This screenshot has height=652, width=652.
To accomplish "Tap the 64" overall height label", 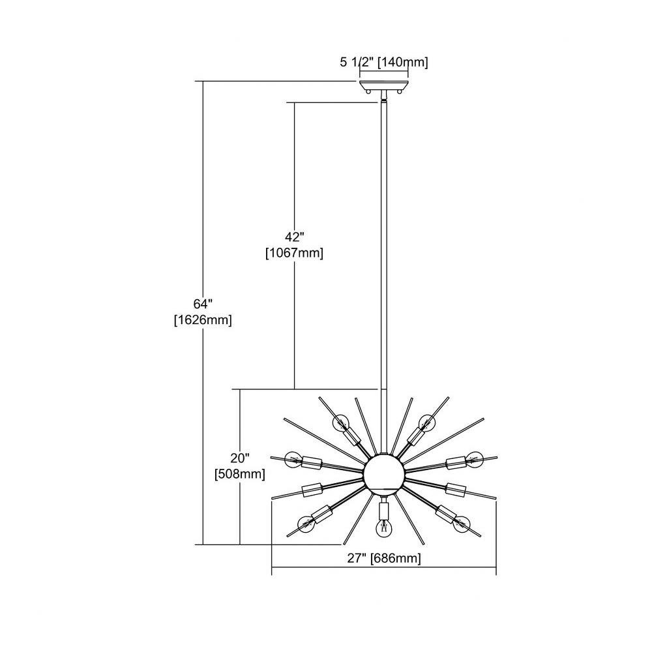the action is [x=203, y=304].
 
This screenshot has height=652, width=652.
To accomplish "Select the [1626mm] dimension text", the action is [x=203, y=319].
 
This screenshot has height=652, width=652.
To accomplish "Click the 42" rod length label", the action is [x=295, y=237].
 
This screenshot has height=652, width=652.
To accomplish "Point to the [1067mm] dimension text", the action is [x=295, y=253].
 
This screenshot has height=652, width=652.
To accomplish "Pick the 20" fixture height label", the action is [x=240, y=458].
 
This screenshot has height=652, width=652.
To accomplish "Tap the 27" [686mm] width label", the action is [x=384, y=558].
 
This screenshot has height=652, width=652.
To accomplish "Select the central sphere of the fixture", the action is [x=383, y=473].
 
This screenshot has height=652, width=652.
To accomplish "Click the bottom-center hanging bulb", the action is [x=383, y=528].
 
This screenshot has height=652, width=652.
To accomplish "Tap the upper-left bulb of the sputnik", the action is [x=341, y=423].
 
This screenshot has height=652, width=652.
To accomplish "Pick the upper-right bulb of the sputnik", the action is [x=426, y=423].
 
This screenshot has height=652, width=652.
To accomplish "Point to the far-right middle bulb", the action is [x=475, y=458].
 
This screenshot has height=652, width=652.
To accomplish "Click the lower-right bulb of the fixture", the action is [x=462, y=524].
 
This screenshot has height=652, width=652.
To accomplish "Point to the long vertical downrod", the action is [x=383, y=276].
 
